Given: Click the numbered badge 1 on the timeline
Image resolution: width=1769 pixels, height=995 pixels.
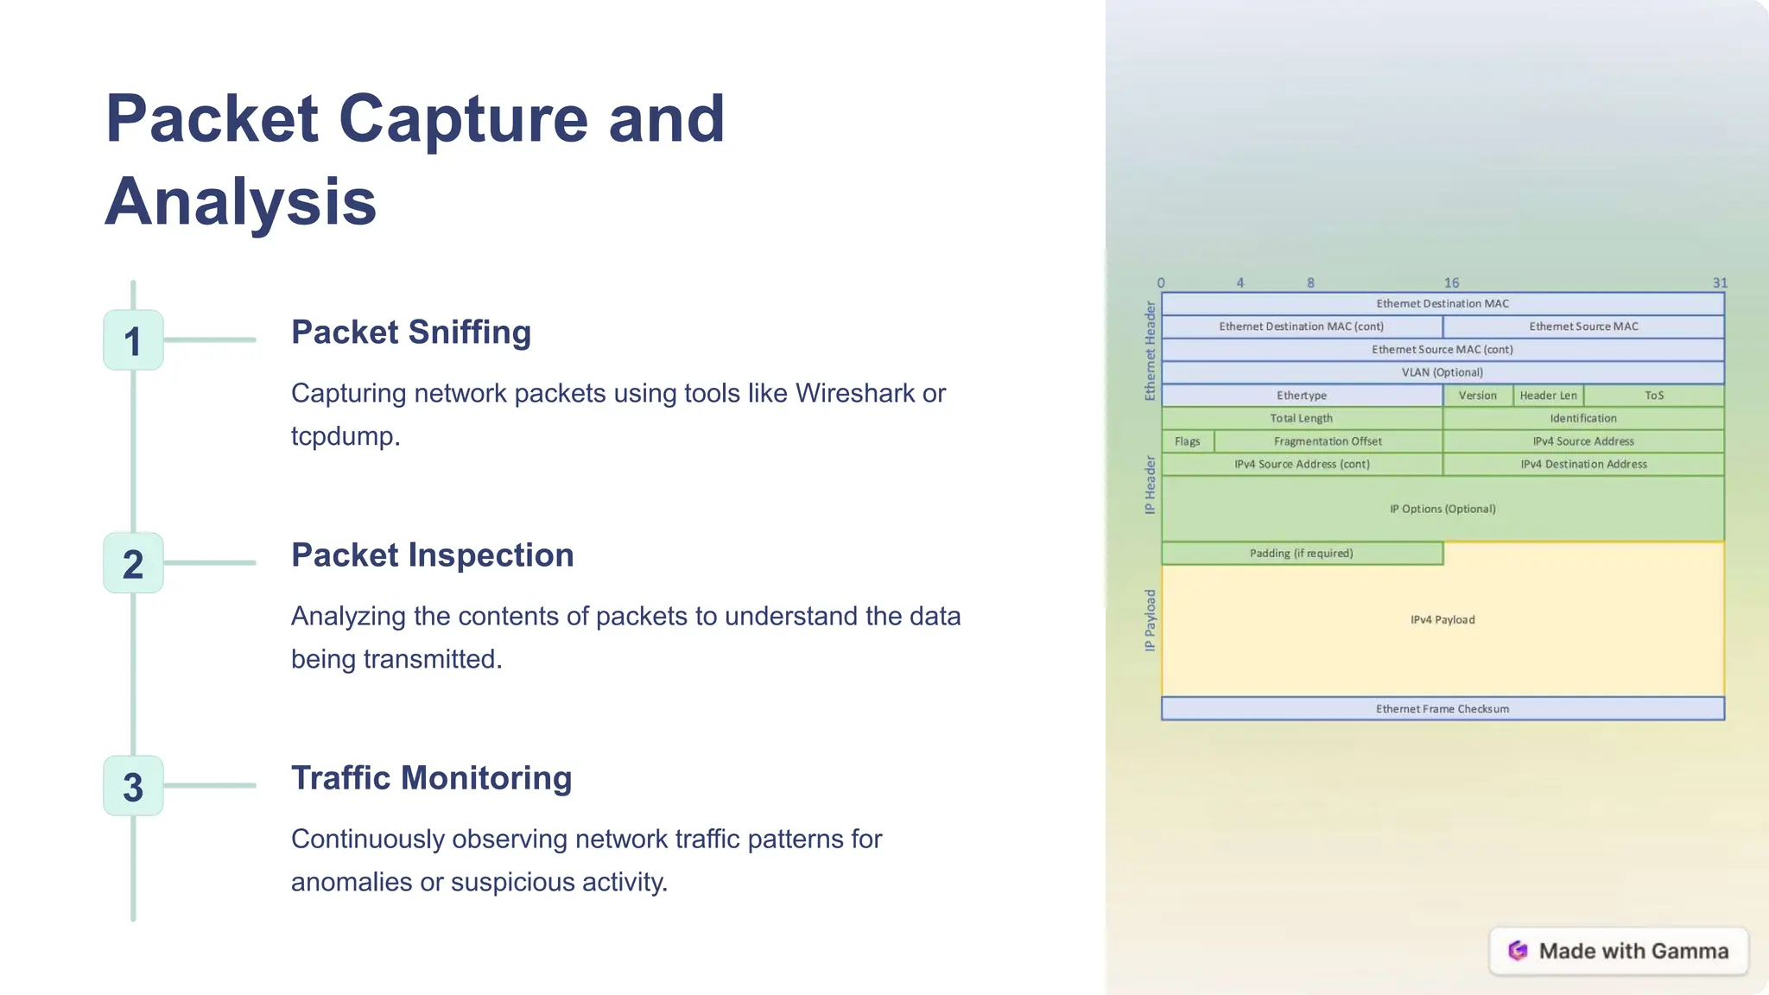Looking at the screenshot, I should coord(133,340).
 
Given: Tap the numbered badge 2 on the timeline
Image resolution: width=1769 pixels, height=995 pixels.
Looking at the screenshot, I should coord(133,563).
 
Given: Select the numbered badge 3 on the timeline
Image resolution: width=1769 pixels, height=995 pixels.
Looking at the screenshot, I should coord(133,786).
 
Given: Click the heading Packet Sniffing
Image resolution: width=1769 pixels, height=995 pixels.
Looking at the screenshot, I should coord(410,333).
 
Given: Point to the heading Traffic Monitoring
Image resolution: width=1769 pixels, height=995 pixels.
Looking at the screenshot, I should coord(431,778).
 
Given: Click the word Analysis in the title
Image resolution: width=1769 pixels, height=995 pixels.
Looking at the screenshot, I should coord(241,201).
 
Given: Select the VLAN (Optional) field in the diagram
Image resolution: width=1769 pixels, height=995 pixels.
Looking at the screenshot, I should coord(1442,372).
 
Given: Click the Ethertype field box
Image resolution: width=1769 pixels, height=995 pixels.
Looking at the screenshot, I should coord(1302,396).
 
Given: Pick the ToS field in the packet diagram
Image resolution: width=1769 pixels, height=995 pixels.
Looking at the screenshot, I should coord(1653,396).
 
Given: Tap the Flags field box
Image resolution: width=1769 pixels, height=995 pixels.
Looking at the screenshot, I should coord(1187,441).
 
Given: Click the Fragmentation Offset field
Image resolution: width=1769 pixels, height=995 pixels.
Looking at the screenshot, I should coord(1328,441).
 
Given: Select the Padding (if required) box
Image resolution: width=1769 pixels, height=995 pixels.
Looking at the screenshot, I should coord(1301,554).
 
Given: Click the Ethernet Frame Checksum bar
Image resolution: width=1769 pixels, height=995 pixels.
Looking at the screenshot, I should coord(1442,709).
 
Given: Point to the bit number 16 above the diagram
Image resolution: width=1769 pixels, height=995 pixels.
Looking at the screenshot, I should coord(1451,283).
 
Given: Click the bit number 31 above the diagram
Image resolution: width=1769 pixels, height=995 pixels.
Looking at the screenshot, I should coord(1720,283).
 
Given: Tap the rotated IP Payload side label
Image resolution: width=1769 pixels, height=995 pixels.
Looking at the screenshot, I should coord(1150,620).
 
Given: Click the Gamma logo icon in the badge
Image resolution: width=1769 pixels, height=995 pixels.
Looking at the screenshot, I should coord(1518,951).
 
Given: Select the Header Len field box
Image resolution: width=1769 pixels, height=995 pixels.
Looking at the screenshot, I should coord(1548,396).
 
